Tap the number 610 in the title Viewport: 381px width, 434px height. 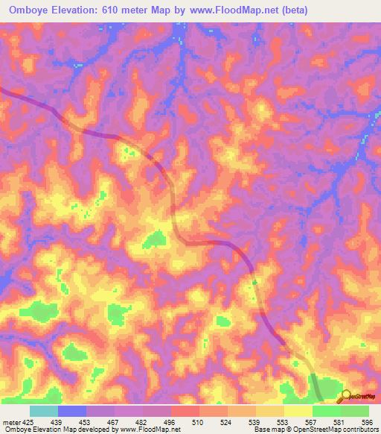click(x=114, y=10)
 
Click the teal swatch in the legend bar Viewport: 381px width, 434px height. click(x=44, y=410)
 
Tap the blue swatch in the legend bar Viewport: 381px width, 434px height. click(x=72, y=410)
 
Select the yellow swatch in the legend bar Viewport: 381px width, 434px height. click(x=298, y=410)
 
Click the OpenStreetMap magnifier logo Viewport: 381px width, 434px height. click(x=347, y=396)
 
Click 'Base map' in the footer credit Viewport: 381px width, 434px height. click(x=266, y=429)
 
